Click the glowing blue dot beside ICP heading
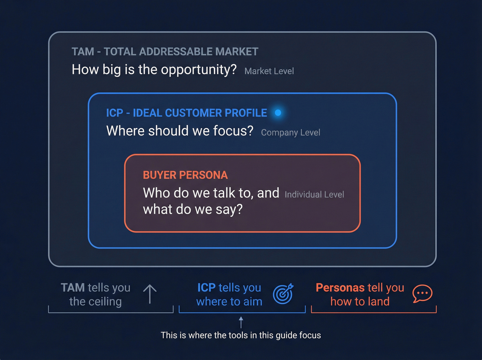coord(278,113)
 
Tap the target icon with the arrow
coord(283,294)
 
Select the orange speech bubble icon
coord(422,294)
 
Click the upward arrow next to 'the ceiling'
coord(150,294)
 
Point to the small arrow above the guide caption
coord(241,322)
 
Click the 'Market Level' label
coord(269,71)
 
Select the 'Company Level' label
coord(291,133)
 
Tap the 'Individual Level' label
coord(314,195)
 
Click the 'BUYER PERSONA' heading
coord(185,175)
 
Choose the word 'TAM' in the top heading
coord(83,52)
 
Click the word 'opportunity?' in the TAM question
coord(199,70)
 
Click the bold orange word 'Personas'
coord(340,288)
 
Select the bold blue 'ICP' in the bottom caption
coord(206,288)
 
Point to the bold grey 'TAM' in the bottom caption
coord(73,288)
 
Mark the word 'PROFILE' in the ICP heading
coord(245,113)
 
